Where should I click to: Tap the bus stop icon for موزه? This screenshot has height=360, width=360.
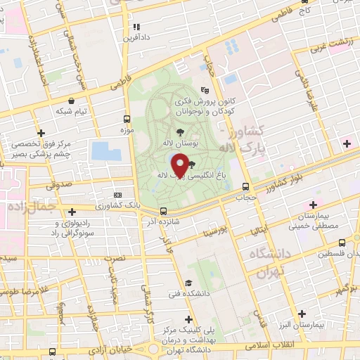click(x=127, y=119)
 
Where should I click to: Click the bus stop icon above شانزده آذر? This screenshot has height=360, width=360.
click(x=163, y=211)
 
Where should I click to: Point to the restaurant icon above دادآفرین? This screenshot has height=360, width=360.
click(x=136, y=27)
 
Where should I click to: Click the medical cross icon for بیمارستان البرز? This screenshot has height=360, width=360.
click(x=302, y=314)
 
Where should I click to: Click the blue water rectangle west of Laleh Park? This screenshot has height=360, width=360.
click(x=101, y=150)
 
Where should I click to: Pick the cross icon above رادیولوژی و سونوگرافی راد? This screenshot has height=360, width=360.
click(x=72, y=211)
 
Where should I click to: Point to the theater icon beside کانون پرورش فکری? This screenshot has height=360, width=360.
click(x=205, y=90)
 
